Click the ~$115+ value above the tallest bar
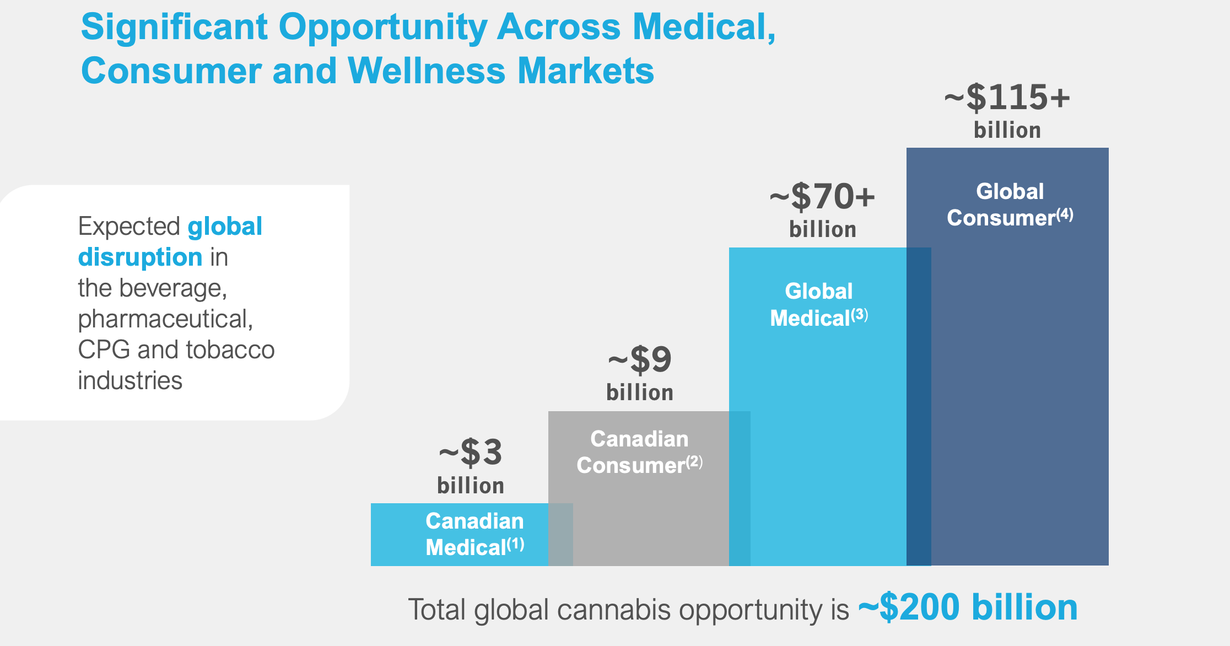1007,98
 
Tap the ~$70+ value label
822,197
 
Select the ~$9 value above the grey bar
640,360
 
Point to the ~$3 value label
471,453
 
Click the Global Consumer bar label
1010,204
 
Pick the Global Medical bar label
818,304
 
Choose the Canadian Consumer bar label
639,452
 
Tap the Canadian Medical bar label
474,534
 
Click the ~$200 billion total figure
968,607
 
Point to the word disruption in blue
140,257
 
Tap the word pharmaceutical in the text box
164,319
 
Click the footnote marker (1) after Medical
516,544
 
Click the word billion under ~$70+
822,229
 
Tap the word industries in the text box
130,380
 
